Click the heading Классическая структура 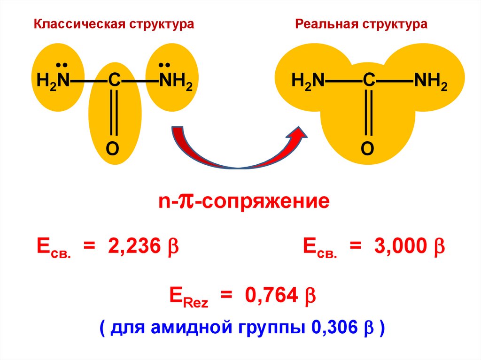tap(113, 24)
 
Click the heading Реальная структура tap(361, 24)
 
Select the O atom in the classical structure tap(112, 149)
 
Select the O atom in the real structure tap(367, 149)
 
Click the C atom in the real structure tap(369, 81)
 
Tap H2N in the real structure tap(308, 81)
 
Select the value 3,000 tap(400, 246)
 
